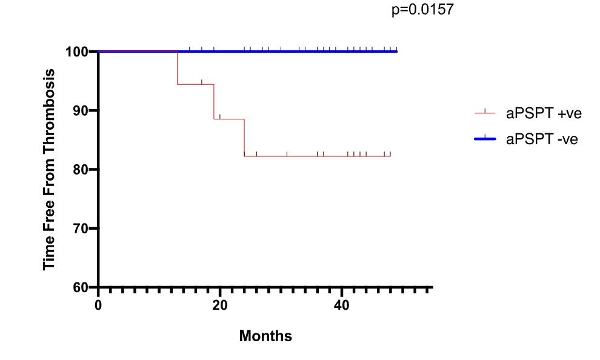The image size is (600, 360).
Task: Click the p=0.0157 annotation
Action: coord(422,10)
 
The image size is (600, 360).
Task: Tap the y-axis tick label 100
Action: coord(77,52)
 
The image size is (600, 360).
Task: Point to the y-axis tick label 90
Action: coord(81,110)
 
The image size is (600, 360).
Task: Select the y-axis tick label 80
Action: coord(81,169)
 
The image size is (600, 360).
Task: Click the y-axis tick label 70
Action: coord(81,228)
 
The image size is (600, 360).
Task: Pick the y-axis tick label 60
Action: coord(81,287)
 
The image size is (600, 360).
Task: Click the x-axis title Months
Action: coord(265,336)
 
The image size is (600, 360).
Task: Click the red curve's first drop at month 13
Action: coord(177,68)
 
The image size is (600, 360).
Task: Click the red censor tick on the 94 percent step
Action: coord(202,82)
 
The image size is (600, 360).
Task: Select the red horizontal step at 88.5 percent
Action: coord(229,119)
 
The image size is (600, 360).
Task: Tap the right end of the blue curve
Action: coord(396,52)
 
